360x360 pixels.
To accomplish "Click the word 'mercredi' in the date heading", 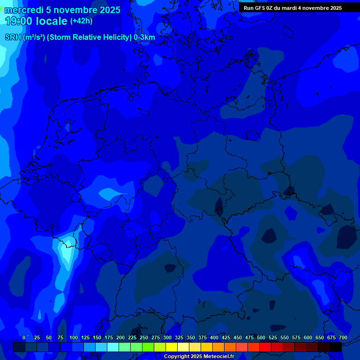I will [x=23, y=10].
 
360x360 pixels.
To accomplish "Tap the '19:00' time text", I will [x=19, y=21].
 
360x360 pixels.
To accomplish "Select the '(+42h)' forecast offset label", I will [x=81, y=21].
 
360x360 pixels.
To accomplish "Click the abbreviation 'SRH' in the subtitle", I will [x=13, y=37].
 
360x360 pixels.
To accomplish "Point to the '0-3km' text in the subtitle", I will [x=144, y=37].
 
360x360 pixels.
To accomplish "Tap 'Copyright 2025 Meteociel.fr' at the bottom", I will [x=199, y=356].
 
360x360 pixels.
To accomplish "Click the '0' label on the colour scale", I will [x=24, y=337].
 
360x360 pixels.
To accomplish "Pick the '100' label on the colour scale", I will [x=74, y=337].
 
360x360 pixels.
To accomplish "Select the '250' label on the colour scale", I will [x=144, y=337].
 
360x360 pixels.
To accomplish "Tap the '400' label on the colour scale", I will [x=214, y=337].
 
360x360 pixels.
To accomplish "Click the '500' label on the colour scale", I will [x=261, y=337].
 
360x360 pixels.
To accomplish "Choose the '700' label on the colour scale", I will [x=343, y=337].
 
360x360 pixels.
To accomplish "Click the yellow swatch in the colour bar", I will [x=172, y=347].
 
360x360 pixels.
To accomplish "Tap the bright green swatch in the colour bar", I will [x=148, y=347].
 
